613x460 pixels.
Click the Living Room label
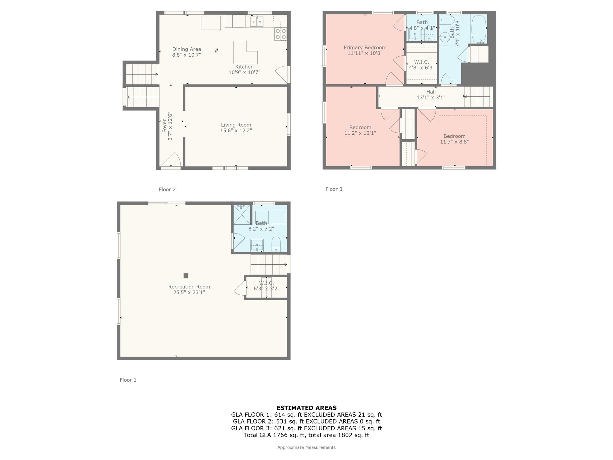[x=236, y=125]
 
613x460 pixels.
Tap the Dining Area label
[x=186, y=49]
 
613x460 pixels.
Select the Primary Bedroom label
[x=365, y=47]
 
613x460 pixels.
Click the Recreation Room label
[x=189, y=287]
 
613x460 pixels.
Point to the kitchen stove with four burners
[x=280, y=34]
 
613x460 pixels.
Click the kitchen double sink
[x=257, y=22]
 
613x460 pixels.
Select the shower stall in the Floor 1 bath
[x=242, y=214]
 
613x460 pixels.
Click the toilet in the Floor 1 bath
[x=276, y=244]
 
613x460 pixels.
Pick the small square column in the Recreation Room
[x=186, y=276]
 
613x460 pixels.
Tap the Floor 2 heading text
[x=167, y=189]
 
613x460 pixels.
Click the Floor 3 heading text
[x=334, y=189]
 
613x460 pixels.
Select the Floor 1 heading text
[x=128, y=380]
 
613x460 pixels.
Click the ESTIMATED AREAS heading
[x=306, y=408]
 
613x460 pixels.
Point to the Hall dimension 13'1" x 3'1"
[x=431, y=97]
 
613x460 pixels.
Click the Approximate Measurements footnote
[x=306, y=447]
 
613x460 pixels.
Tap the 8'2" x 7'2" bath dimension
[x=261, y=229]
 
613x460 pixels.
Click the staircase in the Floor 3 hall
[x=478, y=96]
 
